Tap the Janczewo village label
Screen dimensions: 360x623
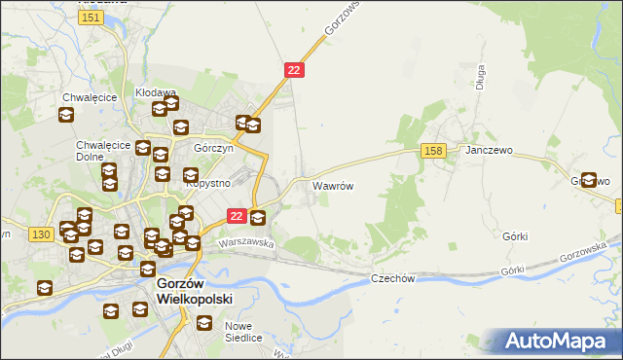coord(489,151)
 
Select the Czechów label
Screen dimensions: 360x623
coord(393,278)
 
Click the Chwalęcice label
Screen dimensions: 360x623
coord(90,97)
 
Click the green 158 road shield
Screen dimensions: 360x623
coord(434,150)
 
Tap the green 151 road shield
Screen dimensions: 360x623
coord(92,18)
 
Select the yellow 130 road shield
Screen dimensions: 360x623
coord(40,234)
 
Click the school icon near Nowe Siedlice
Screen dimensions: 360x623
coord(203,322)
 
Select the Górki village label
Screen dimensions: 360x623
coord(515,236)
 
